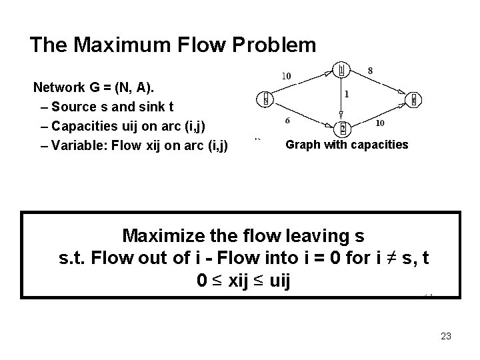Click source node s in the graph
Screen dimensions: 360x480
265,99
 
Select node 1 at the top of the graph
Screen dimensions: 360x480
341,69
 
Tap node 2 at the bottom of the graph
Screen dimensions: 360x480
343,127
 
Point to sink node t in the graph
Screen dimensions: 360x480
414,100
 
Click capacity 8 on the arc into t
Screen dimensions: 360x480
370,70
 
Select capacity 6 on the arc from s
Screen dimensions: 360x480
287,121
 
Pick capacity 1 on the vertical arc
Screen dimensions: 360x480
347,95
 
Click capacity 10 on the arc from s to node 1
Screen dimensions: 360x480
286,75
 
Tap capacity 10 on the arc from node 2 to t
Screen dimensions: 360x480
379,123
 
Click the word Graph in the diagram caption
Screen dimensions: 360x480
303,144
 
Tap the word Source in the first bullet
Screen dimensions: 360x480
71,106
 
